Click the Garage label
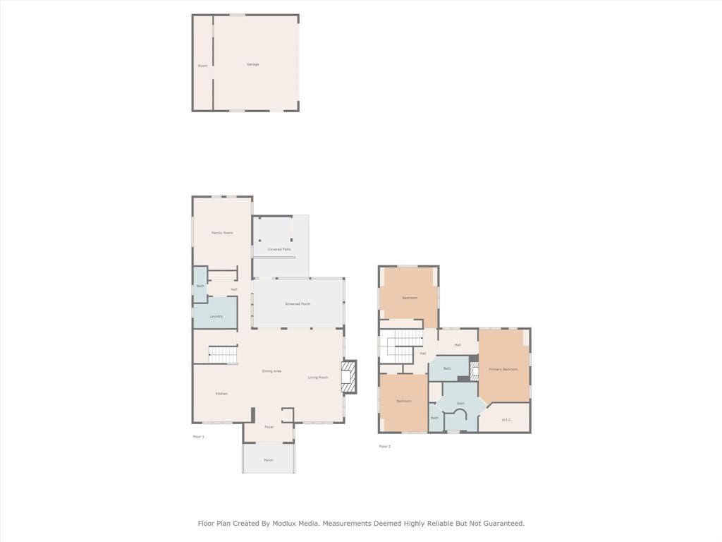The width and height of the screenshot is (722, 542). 252,64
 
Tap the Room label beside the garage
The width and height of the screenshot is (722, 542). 203,66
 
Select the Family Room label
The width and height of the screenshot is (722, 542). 222,233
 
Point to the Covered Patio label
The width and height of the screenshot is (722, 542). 279,249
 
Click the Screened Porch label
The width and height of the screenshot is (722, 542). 298,303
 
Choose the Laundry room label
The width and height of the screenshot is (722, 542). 216,316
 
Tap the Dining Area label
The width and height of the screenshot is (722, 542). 271,371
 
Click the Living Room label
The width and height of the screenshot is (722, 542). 318,378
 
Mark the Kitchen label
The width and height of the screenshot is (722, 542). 221,394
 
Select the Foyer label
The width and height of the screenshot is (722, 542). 269,427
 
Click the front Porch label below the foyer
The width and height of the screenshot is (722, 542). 268,460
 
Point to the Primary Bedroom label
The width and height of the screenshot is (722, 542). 503,369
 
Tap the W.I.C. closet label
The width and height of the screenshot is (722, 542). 506,420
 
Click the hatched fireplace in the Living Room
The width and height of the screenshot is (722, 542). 348,377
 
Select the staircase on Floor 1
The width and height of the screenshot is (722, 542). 223,354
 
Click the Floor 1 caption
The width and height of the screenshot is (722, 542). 198,437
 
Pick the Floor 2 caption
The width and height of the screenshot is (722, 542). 384,446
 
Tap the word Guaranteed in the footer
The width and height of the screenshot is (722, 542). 501,524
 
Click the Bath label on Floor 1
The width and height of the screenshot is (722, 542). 200,286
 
